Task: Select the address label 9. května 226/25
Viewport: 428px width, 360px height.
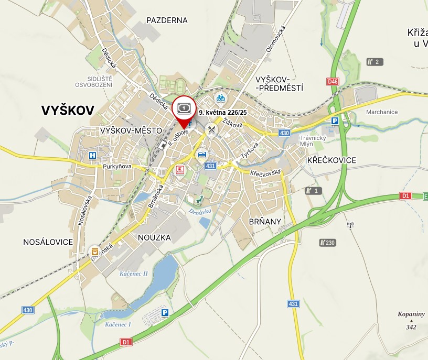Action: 222,112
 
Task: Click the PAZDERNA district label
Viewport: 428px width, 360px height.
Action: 167,20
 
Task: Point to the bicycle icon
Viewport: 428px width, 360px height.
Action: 221,98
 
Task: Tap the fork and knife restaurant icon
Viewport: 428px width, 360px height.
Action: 211,129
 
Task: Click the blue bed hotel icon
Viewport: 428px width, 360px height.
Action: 202,155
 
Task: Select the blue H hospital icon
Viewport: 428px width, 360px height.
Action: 93,155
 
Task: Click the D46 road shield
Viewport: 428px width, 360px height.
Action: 333,82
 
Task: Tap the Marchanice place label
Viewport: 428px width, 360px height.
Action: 382,112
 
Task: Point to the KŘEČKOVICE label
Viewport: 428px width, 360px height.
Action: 332,160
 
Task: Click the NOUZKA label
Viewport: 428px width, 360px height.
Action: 154,237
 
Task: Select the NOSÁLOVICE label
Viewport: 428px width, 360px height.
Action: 48,242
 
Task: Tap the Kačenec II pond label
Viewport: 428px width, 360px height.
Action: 134,274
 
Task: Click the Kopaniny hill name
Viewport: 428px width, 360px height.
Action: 411,314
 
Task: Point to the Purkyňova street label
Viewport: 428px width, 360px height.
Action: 117,166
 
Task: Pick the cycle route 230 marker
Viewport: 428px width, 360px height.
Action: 327,243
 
